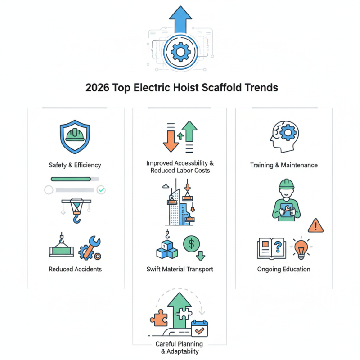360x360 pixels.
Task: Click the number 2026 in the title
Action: tap(100, 88)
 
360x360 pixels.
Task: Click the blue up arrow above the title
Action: tap(180, 18)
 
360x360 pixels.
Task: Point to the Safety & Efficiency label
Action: tap(75, 165)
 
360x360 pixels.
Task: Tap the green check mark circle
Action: tap(102, 190)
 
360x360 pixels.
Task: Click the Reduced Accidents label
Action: tap(75, 269)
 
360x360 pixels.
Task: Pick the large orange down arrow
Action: tap(171, 139)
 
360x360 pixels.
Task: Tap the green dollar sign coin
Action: tap(192, 244)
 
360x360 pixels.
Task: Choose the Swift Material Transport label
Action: tap(180, 269)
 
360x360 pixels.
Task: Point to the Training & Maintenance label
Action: tap(284, 165)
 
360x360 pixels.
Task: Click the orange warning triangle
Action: tap(316, 225)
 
